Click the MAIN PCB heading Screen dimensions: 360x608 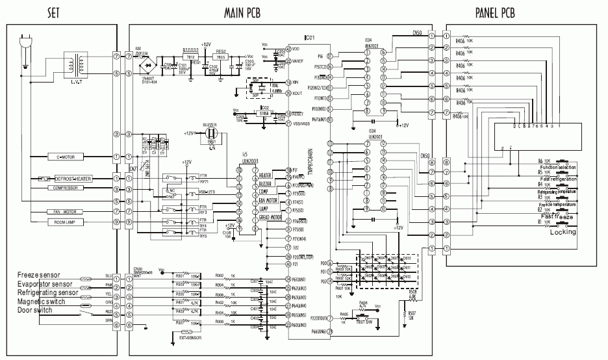point(250,13)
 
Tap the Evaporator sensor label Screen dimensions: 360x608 point(44,284)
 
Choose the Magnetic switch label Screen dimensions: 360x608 point(41,302)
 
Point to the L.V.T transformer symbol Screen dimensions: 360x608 point(73,64)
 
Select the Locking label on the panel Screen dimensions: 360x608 point(563,232)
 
